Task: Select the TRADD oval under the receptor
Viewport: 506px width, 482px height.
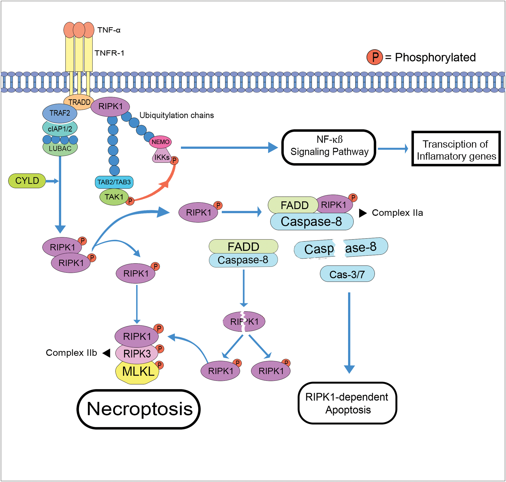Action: pyautogui.click(x=79, y=102)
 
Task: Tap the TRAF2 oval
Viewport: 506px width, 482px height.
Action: pyautogui.click(x=60, y=113)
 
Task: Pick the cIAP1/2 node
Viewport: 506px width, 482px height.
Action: pyautogui.click(x=60, y=129)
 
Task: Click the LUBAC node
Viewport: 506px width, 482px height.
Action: pyautogui.click(x=60, y=149)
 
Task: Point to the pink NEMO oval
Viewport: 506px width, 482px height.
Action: pyautogui.click(x=160, y=142)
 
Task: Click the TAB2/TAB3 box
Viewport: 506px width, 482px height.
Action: pyautogui.click(x=114, y=182)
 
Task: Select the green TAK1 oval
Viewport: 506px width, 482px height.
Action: pyautogui.click(x=114, y=197)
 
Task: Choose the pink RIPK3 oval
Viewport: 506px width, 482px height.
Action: pyautogui.click(x=137, y=354)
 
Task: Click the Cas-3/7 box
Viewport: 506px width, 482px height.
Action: pyautogui.click(x=347, y=274)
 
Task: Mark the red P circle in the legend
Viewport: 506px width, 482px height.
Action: pyautogui.click(x=375, y=57)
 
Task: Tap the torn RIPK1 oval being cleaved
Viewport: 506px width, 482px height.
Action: pyautogui.click(x=244, y=321)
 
